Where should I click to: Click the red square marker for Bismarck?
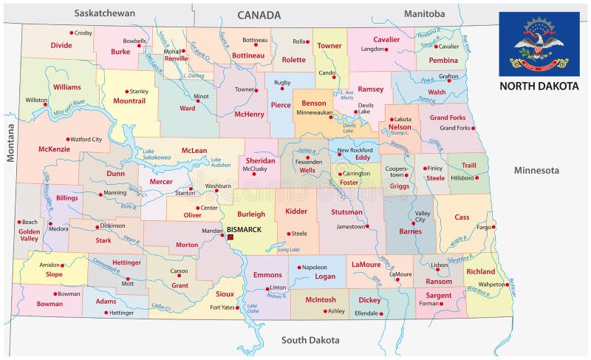click(x=230, y=237)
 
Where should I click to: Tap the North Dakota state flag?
click(x=538, y=44)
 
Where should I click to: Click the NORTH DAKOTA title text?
click(x=538, y=86)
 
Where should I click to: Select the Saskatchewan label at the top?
click(x=104, y=13)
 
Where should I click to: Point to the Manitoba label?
click(x=424, y=13)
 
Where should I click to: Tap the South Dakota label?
click(x=310, y=340)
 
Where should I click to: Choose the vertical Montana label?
click(x=11, y=143)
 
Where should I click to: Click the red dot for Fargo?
click(x=490, y=227)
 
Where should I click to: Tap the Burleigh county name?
click(x=250, y=214)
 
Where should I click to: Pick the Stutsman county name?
click(x=347, y=212)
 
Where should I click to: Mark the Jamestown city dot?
click(x=370, y=227)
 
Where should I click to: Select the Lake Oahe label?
click(x=253, y=309)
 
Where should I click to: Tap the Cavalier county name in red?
click(x=386, y=39)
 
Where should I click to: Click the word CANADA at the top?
click(x=259, y=15)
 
